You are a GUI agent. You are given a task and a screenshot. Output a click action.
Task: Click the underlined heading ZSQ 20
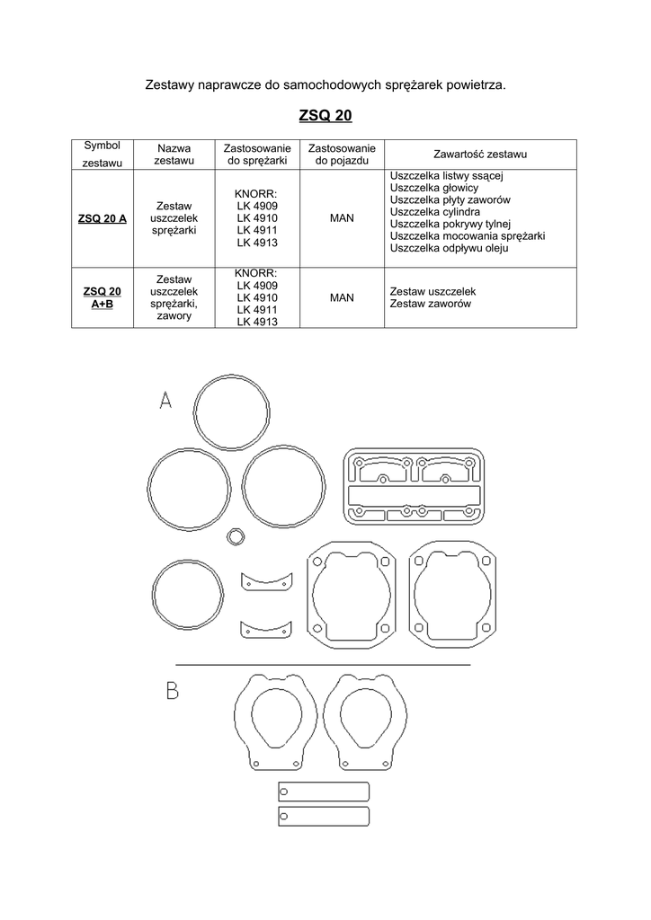[x=325, y=116]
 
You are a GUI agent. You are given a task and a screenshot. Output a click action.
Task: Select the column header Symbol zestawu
[x=103, y=154]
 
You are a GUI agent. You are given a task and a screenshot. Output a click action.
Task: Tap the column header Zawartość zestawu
[x=480, y=155]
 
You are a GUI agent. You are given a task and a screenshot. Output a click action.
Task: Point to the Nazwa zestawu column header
[x=174, y=154]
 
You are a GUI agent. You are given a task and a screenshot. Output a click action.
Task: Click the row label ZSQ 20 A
[x=103, y=218]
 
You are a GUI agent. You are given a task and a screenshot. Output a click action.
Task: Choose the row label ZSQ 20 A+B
[x=103, y=297]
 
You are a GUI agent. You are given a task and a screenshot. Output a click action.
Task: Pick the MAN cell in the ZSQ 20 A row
[x=342, y=218]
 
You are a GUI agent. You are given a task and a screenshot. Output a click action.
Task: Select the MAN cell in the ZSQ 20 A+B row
[x=342, y=297]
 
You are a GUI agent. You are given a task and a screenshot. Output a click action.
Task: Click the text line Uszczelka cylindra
[x=435, y=212]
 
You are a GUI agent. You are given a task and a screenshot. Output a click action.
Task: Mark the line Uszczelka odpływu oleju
[x=449, y=249]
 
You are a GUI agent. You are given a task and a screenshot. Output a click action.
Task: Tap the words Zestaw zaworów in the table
[x=431, y=305]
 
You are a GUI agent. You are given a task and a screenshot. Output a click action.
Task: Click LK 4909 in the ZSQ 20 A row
[x=257, y=206]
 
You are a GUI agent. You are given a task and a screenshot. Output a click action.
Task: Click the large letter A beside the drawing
[x=165, y=400]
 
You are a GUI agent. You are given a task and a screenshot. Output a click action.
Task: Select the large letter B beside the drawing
[x=172, y=691]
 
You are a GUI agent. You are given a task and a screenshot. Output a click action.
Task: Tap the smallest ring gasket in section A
[x=236, y=536]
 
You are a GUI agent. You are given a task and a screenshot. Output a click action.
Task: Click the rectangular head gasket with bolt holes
[x=414, y=486]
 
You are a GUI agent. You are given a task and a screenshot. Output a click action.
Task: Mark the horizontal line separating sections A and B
[x=323, y=664]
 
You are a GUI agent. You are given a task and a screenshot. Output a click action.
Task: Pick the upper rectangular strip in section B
[x=324, y=792]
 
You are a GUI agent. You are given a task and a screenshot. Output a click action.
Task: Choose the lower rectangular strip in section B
[x=324, y=817]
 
